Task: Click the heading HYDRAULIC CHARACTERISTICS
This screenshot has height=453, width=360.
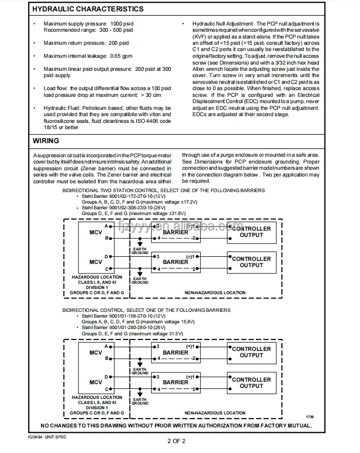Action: point(88,9)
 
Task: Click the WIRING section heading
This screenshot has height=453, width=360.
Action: point(46,141)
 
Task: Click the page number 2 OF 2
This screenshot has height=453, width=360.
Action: point(176,441)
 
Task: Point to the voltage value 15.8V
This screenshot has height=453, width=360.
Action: point(178,322)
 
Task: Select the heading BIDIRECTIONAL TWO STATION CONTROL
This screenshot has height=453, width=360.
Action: point(107,191)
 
